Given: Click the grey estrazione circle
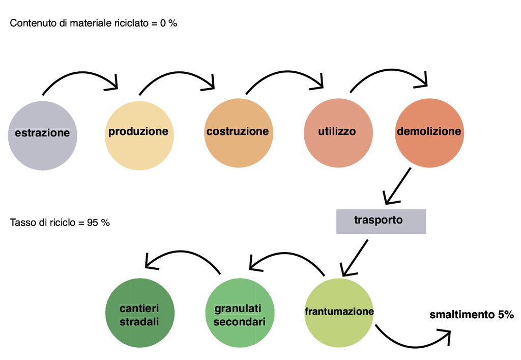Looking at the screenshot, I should pos(43,135).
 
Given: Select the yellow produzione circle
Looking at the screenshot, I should pos(138,134).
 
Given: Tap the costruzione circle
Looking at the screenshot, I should pos(238,133).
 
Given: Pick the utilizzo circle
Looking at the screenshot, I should pos(337,133).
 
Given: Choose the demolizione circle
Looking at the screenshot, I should pos(429,133).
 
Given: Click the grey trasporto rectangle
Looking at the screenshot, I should pos(381,221).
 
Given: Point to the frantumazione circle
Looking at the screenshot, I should pos(339,313).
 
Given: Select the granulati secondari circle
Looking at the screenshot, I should pos(240,314).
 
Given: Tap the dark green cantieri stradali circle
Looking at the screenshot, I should pos(139,314).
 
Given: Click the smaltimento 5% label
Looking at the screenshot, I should pos(472,315).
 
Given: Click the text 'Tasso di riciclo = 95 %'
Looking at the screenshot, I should pos(60,223).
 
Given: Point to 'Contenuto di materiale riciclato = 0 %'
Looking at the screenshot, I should pos(94,23).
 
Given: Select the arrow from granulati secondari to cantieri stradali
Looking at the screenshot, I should pos(183,254).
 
